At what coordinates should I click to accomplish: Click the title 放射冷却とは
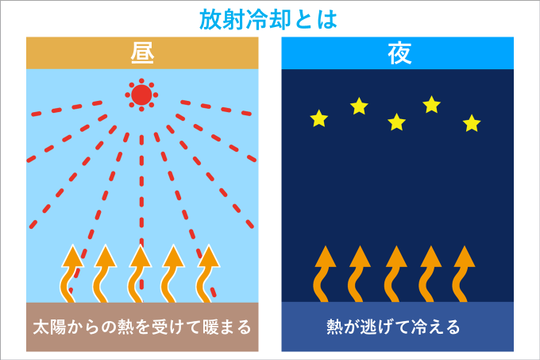coord(268,19)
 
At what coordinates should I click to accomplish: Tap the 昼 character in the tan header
coord(142,53)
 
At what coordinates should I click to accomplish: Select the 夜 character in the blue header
coord(399,53)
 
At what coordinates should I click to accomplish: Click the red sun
coord(141,95)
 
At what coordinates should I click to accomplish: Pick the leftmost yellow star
coord(319,118)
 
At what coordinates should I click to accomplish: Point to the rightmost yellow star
coord(472,123)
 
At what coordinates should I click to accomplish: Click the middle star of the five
coord(396,122)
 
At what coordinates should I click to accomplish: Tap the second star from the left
coord(359,106)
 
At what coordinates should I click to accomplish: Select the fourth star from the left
coord(431,104)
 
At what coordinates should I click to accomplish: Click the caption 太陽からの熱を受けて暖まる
coord(142,327)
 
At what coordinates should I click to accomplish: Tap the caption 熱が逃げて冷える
coord(393,327)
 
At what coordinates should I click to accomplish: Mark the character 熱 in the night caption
coord(334,327)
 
